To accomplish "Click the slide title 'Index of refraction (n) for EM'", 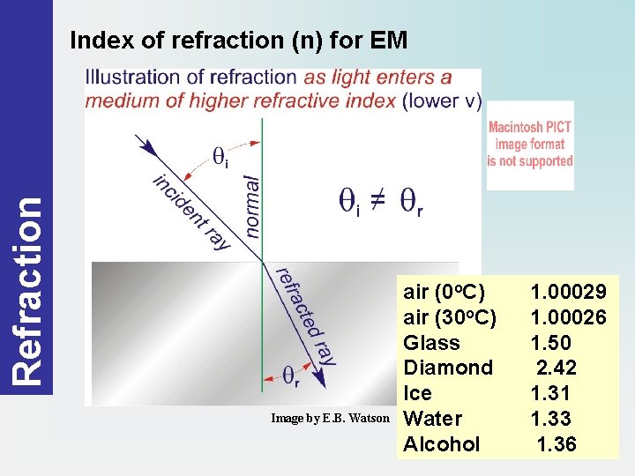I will pyautogui.click(x=238, y=40).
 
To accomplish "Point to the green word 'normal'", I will pyautogui.click(x=252, y=205).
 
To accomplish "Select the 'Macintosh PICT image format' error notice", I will pyautogui.click(x=530, y=145).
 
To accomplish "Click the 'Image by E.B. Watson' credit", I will pyautogui.click(x=330, y=419).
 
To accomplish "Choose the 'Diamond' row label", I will pyautogui.click(x=447, y=368).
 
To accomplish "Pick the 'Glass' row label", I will pyautogui.click(x=431, y=343).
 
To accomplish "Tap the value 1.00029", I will pyautogui.click(x=568, y=292).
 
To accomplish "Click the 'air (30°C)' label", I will pyautogui.click(x=450, y=317).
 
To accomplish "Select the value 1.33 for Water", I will pyautogui.click(x=550, y=419).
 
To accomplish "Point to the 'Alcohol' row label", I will pyautogui.click(x=442, y=444).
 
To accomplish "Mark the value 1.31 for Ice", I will pyautogui.click(x=550, y=393).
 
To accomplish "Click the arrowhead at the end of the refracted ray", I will pyautogui.click(x=321, y=381).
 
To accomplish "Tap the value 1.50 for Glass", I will pyautogui.click(x=550, y=343).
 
